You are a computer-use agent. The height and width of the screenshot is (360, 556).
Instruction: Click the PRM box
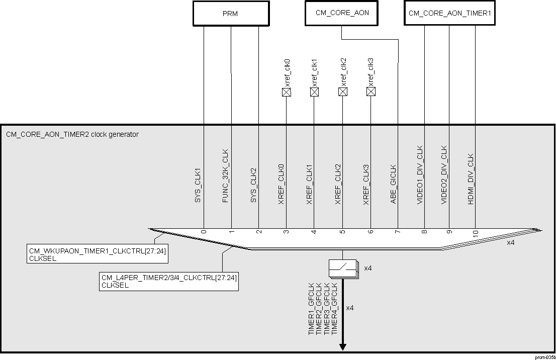click(x=230, y=14)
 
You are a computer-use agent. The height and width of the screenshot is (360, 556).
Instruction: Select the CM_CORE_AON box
click(x=342, y=13)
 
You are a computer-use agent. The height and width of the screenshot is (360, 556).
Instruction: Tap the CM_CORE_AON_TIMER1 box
click(x=449, y=13)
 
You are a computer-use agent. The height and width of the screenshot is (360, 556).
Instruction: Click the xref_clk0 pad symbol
click(x=286, y=92)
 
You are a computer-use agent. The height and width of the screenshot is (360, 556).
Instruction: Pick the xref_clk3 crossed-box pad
click(x=371, y=92)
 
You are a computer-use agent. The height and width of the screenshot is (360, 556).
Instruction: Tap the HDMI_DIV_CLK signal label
click(x=471, y=178)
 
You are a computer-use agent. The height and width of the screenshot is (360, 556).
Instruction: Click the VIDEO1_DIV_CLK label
click(x=420, y=174)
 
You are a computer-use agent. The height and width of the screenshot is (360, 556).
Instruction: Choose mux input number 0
click(x=204, y=232)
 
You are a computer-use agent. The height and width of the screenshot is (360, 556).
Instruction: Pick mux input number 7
click(x=397, y=232)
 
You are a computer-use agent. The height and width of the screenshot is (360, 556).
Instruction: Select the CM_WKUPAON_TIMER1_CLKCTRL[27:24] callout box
click(x=97, y=253)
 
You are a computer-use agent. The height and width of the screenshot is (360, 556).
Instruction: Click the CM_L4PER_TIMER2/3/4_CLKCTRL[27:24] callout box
click(x=168, y=281)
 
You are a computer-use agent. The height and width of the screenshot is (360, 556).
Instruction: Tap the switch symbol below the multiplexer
click(x=343, y=268)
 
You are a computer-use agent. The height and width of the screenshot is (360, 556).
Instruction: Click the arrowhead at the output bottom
click(x=343, y=346)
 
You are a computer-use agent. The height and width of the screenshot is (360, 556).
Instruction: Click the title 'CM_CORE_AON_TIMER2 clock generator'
click(x=72, y=135)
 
